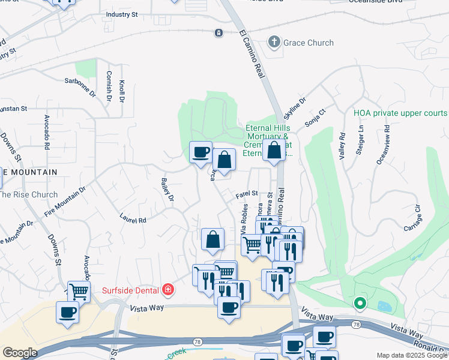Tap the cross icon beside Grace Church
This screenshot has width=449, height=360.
(274, 42)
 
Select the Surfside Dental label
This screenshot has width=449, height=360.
(132, 290)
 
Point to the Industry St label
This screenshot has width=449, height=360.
(121, 14)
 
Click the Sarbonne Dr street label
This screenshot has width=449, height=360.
(80, 88)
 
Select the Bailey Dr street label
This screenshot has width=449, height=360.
(167, 190)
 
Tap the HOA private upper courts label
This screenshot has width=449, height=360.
(400, 113)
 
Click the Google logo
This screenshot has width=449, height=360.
(20, 353)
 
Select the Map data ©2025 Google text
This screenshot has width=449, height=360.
(412, 355)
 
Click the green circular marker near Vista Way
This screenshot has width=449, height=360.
(360, 303)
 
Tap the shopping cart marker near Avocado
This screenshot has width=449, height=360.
(78, 292)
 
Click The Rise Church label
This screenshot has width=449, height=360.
(28, 194)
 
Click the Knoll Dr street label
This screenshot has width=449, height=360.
(122, 91)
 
